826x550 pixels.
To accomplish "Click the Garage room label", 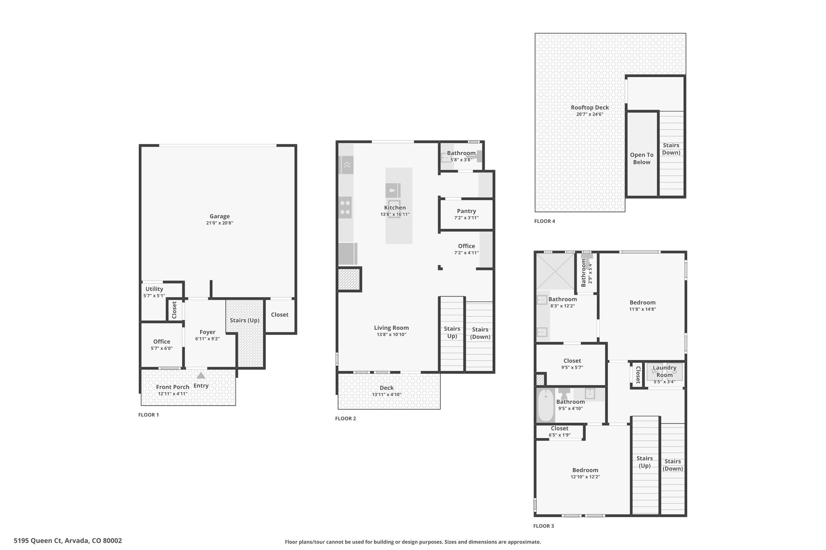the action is tap(219, 216).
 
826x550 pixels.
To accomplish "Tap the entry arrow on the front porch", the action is tap(201, 376).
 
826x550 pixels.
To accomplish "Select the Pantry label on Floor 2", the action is tap(466, 211).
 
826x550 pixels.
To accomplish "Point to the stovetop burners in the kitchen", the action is tap(345, 208).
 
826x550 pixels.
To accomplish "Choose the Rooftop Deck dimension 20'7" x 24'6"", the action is tap(590, 114).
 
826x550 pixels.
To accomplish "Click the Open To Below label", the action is tap(642, 158).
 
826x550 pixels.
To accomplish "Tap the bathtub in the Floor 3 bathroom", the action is tap(545, 405).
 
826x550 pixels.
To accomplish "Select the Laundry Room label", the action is tap(664, 371).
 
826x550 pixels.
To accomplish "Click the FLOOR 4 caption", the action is tap(544, 221).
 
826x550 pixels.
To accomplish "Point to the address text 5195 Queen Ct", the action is tap(38, 541).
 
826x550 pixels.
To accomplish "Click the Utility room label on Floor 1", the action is tap(154, 289).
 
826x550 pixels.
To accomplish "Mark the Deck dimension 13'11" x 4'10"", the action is tap(386, 395).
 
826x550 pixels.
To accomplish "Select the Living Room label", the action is tap(391, 328).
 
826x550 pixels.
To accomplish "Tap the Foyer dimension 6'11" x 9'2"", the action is tap(207, 339).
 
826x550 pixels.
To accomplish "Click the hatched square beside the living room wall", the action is tap(348, 279).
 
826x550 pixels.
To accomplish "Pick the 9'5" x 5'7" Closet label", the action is tap(572, 361).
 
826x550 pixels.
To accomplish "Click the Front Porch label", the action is tap(173, 387).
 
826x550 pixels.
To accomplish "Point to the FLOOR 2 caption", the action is tap(346, 419).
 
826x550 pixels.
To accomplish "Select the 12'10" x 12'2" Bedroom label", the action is tap(585, 470).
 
